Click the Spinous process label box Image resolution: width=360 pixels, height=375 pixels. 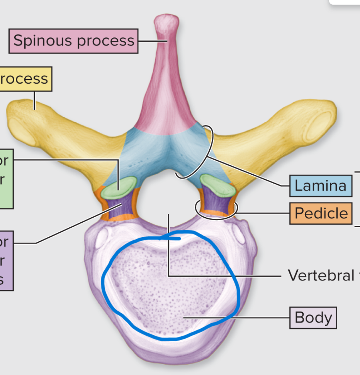73,41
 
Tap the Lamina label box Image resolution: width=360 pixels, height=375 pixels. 320,186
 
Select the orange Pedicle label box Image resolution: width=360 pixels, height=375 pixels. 321,213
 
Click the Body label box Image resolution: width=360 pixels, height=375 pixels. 313,318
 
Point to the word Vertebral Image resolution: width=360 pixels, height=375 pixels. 321,275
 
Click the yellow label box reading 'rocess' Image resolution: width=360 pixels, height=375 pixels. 25,79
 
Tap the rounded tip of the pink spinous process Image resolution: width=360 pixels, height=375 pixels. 166,23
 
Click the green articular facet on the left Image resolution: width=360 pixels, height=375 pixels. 122,186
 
